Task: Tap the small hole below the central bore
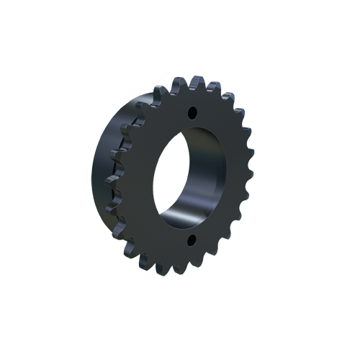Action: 192,240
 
